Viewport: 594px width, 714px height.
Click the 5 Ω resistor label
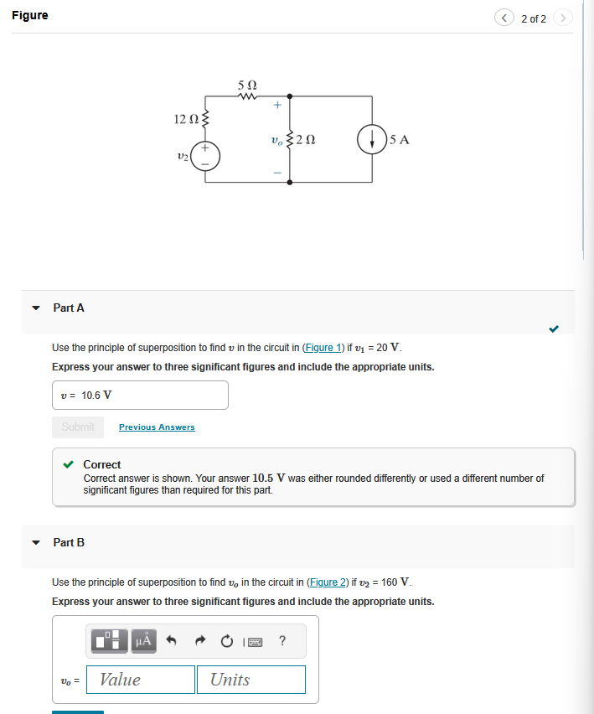tap(247, 85)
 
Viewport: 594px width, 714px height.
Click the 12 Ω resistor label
tap(184, 120)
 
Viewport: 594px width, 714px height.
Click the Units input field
tap(251, 680)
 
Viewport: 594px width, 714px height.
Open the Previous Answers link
tap(157, 427)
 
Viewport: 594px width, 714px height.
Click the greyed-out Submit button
tap(78, 427)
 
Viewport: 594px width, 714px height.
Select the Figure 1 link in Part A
tap(323, 348)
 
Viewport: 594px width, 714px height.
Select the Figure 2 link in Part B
tap(330, 582)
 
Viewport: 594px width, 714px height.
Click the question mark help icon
tap(282, 642)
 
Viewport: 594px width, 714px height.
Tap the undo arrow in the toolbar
tap(172, 642)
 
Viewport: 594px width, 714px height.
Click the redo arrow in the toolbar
tap(199, 642)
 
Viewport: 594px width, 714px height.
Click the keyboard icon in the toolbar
tap(255, 643)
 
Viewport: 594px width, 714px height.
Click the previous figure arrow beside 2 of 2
tap(504, 18)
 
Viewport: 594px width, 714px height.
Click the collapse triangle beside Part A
tap(35, 308)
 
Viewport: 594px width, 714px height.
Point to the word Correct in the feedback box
tap(102, 464)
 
